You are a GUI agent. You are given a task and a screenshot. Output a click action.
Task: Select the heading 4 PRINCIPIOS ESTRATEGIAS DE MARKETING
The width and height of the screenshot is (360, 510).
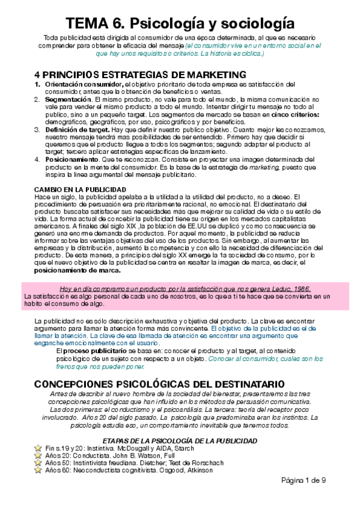pyautogui.click(x=140, y=75)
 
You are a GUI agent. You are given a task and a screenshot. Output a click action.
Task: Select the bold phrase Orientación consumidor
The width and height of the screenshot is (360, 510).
pyautogui.click(x=83, y=84)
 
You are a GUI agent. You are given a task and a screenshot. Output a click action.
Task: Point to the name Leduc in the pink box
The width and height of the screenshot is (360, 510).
pyautogui.click(x=272, y=289)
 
